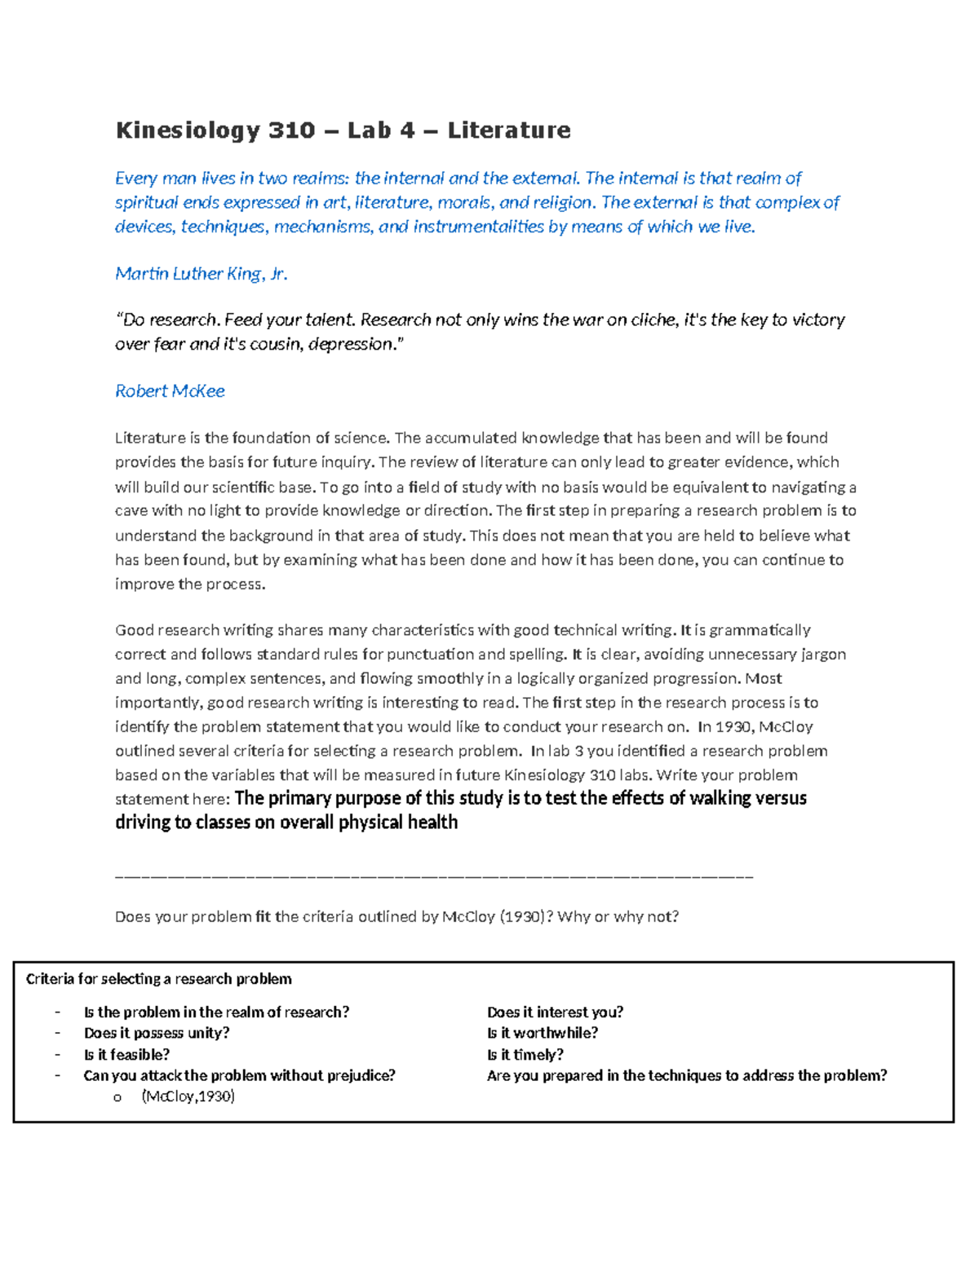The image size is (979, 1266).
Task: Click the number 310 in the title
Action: coord(291,130)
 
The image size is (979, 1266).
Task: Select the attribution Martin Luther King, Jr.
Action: coord(201,274)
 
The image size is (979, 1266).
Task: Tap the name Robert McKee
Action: coord(170,391)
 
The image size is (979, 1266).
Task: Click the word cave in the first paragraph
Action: coord(131,511)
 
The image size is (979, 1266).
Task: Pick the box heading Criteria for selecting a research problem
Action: coord(158,979)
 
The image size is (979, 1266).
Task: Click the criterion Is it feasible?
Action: coord(126,1055)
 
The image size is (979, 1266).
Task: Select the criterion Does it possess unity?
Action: coord(157,1034)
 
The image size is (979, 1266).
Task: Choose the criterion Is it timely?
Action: coord(525,1055)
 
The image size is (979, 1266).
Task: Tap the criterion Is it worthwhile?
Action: coord(542,1034)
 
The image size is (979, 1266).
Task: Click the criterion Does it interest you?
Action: coord(555,1012)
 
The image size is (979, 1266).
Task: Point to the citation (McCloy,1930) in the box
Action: coord(188,1097)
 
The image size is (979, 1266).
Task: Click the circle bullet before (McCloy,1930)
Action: coord(117,1098)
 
